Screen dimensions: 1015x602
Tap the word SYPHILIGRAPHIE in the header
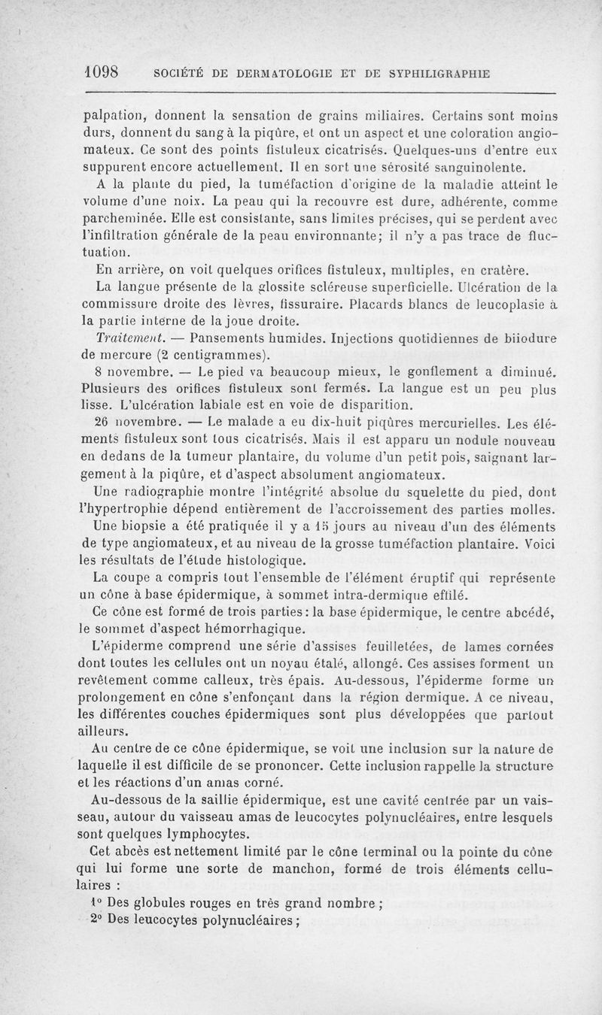coord(439,74)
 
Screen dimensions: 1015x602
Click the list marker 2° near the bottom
coord(96,921)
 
